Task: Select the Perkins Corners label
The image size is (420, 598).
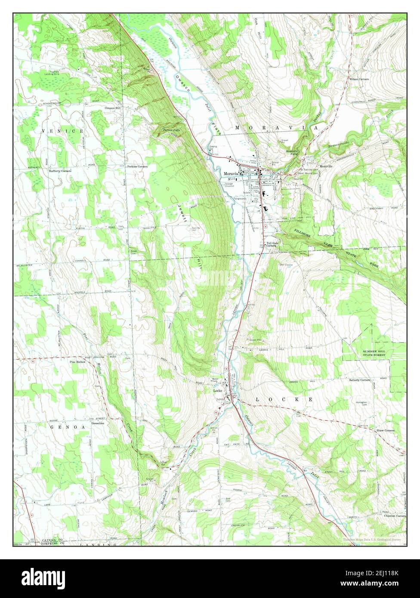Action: point(137,166)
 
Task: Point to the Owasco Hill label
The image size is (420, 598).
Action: point(113,108)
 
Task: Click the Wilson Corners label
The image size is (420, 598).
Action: point(360,80)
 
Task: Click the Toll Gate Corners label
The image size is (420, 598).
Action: point(271,244)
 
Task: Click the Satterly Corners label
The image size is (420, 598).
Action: point(360,380)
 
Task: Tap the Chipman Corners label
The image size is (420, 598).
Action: point(395,516)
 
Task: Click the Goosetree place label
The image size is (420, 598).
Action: point(100,423)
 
